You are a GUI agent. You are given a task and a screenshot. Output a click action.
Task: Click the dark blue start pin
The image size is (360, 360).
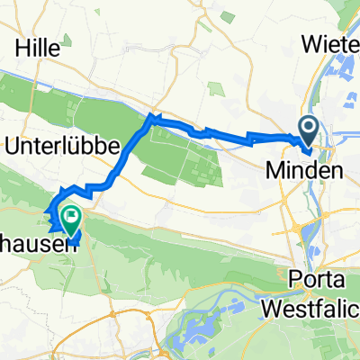308,133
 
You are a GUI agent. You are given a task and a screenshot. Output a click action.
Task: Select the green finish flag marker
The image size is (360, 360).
71,216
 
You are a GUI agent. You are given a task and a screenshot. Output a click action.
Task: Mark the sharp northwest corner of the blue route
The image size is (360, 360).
150,116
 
